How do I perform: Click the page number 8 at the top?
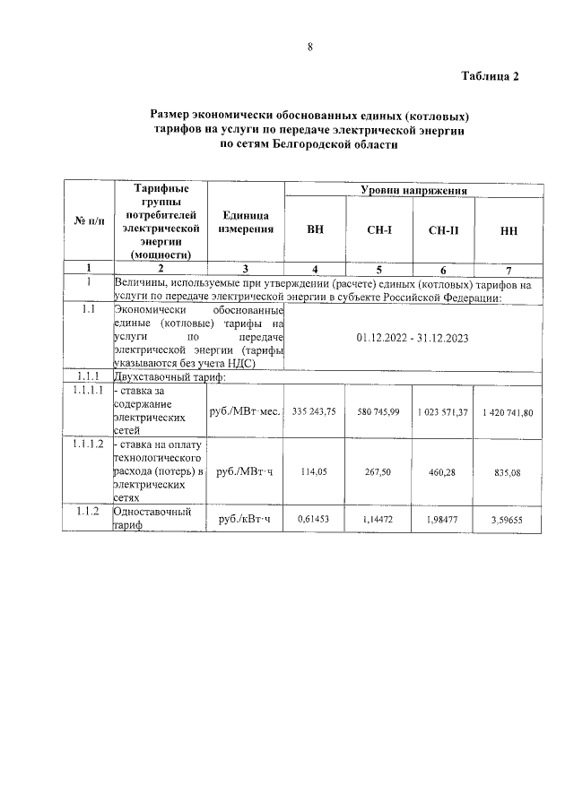(309, 48)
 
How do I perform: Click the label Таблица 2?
(491, 75)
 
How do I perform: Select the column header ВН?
(315, 229)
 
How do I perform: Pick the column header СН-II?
(443, 230)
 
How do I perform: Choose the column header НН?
(508, 230)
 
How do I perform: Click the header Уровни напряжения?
(413, 191)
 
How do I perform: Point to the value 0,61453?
(314, 519)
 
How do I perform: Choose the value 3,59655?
(508, 520)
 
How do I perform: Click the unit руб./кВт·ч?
(245, 520)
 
